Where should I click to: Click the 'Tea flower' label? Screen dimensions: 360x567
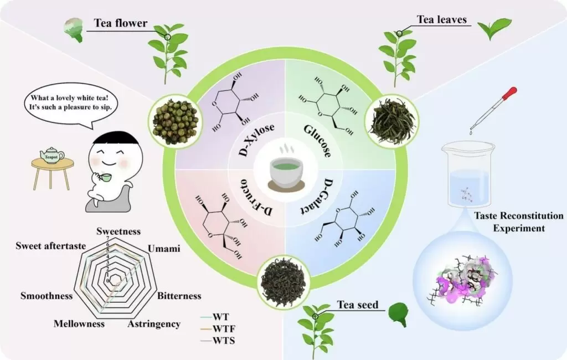click(120, 23)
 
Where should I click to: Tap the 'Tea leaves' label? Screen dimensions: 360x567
click(442, 20)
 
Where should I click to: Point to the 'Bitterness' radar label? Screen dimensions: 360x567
click(179, 296)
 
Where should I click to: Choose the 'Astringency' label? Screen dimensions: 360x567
click(154, 323)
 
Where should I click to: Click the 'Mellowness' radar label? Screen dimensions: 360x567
click(79, 323)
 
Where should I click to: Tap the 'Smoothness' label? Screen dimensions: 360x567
click(47, 296)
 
